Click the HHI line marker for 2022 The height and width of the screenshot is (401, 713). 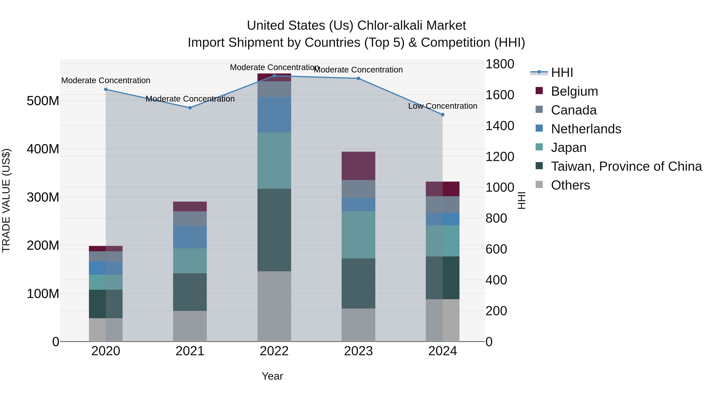click(274, 76)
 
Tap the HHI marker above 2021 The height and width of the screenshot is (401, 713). click(190, 108)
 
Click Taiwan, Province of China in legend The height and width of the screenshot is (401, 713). click(626, 166)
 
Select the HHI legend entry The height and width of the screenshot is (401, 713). click(562, 72)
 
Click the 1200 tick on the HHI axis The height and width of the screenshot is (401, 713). click(500, 157)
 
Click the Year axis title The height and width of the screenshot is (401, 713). click(272, 376)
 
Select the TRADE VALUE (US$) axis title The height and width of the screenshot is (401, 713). click(6, 200)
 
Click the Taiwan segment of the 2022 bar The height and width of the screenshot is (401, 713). click(274, 230)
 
